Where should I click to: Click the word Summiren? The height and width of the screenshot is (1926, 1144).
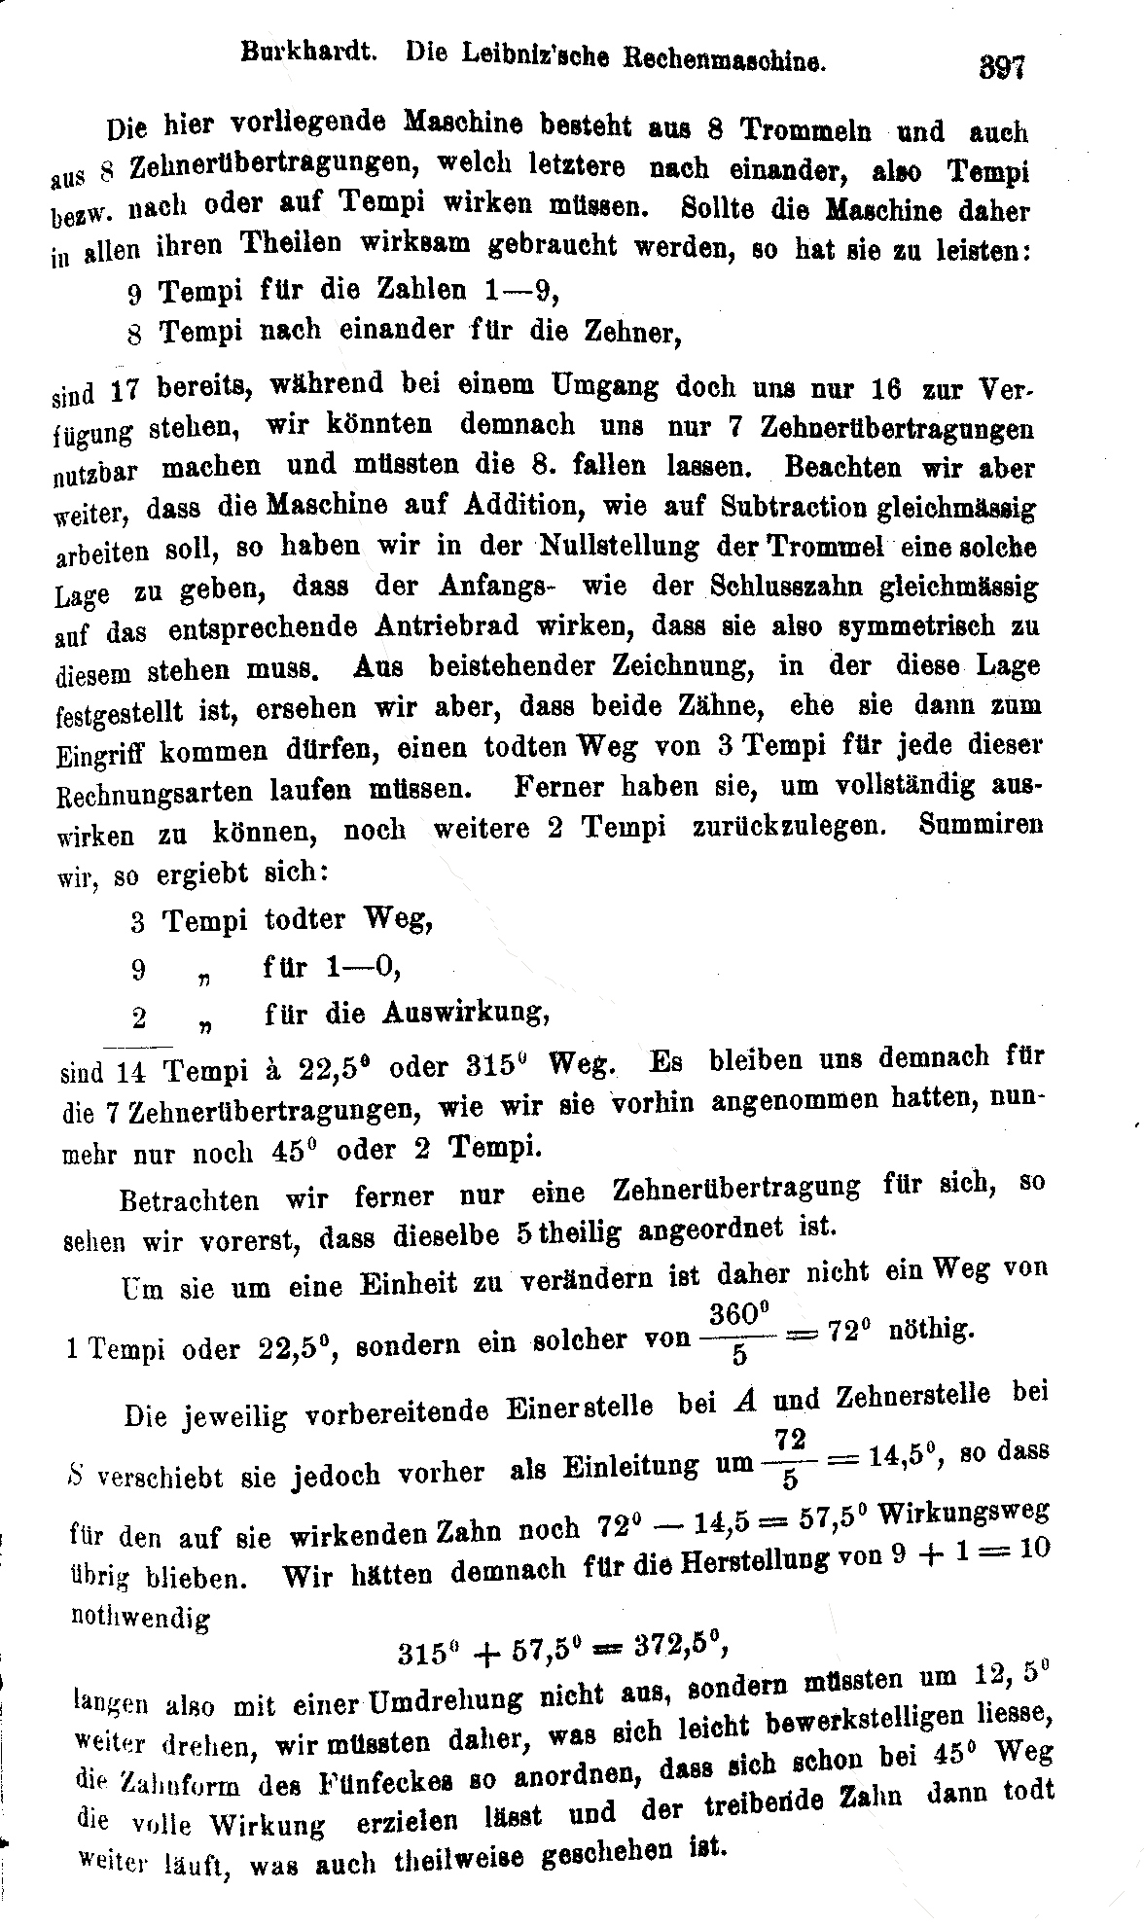coord(980,825)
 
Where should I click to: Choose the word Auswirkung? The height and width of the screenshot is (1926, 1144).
coord(466,1013)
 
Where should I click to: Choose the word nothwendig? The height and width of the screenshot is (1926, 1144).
coord(140,1616)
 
